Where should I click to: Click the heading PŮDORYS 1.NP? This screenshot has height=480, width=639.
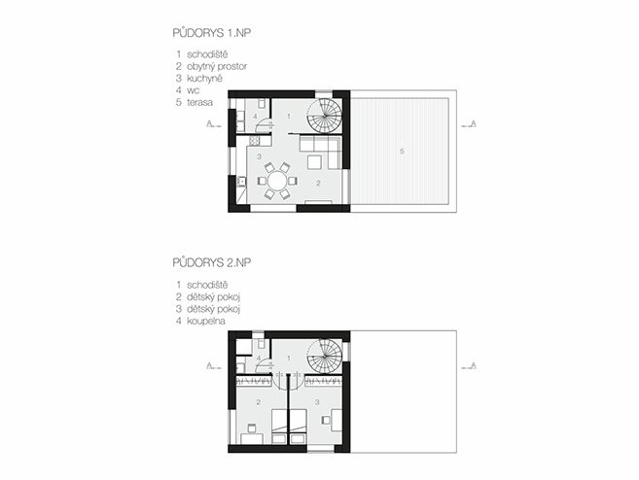tap(211, 33)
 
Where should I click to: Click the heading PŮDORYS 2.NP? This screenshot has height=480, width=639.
tap(211, 262)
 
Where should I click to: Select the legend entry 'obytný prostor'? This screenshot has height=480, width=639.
tap(217, 66)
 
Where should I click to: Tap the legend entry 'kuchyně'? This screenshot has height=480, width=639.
tap(204, 78)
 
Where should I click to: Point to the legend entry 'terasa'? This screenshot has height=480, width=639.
tap(199, 102)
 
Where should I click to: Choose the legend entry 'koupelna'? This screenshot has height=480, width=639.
tap(206, 321)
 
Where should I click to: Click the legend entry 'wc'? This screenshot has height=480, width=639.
tap(194, 90)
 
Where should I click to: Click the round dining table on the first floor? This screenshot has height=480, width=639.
tap(277, 181)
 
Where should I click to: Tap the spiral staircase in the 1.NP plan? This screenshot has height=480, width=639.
tap(325, 116)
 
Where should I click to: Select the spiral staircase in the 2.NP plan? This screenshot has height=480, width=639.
tap(325, 357)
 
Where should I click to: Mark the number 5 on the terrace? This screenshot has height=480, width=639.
tap(402, 151)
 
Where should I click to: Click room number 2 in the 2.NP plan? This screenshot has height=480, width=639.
tap(259, 402)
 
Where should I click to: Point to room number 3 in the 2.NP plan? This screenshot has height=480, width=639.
tap(317, 402)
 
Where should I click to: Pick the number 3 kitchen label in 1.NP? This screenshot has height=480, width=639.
tap(259, 156)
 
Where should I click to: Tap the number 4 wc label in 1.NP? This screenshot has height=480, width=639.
tap(255, 117)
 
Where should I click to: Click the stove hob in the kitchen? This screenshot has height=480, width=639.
tap(254, 141)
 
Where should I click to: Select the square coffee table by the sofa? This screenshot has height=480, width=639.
tap(315, 162)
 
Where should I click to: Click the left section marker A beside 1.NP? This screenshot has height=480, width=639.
tap(209, 123)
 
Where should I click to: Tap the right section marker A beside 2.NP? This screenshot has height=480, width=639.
tap(473, 365)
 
